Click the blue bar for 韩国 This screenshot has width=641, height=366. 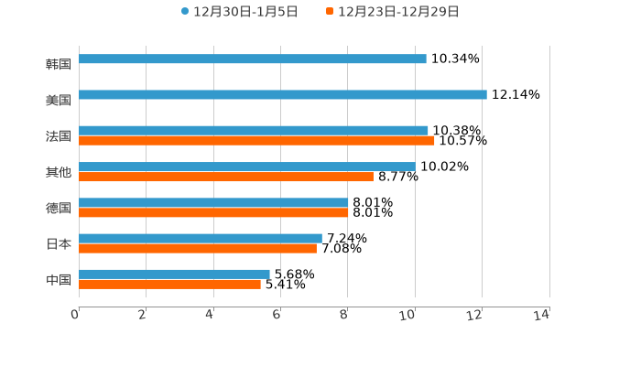tap(253, 59)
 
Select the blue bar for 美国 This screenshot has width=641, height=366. tap(283, 95)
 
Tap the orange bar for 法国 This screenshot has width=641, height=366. tap(256, 141)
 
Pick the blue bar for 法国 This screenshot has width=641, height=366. tap(254, 131)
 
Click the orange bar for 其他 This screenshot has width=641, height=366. tap(226, 177)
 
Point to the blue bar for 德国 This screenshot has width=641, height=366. tap(213, 202)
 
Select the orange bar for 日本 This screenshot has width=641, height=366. tap(198, 248)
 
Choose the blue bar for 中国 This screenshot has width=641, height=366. tap(174, 274)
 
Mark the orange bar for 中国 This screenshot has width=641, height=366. tap(169, 284)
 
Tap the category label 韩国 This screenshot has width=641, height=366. tap(59, 64)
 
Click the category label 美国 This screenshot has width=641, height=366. tap(59, 100)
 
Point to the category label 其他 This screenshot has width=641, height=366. tap(59, 172)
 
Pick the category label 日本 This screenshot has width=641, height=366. tap(59, 243)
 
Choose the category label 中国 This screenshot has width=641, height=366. tap(59, 279)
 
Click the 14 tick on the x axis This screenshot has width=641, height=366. tap(542, 315)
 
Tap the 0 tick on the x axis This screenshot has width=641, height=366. tap(75, 315)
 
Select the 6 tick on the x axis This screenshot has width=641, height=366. tap(277, 315)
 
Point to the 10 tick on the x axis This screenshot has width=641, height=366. tap(408, 315)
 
